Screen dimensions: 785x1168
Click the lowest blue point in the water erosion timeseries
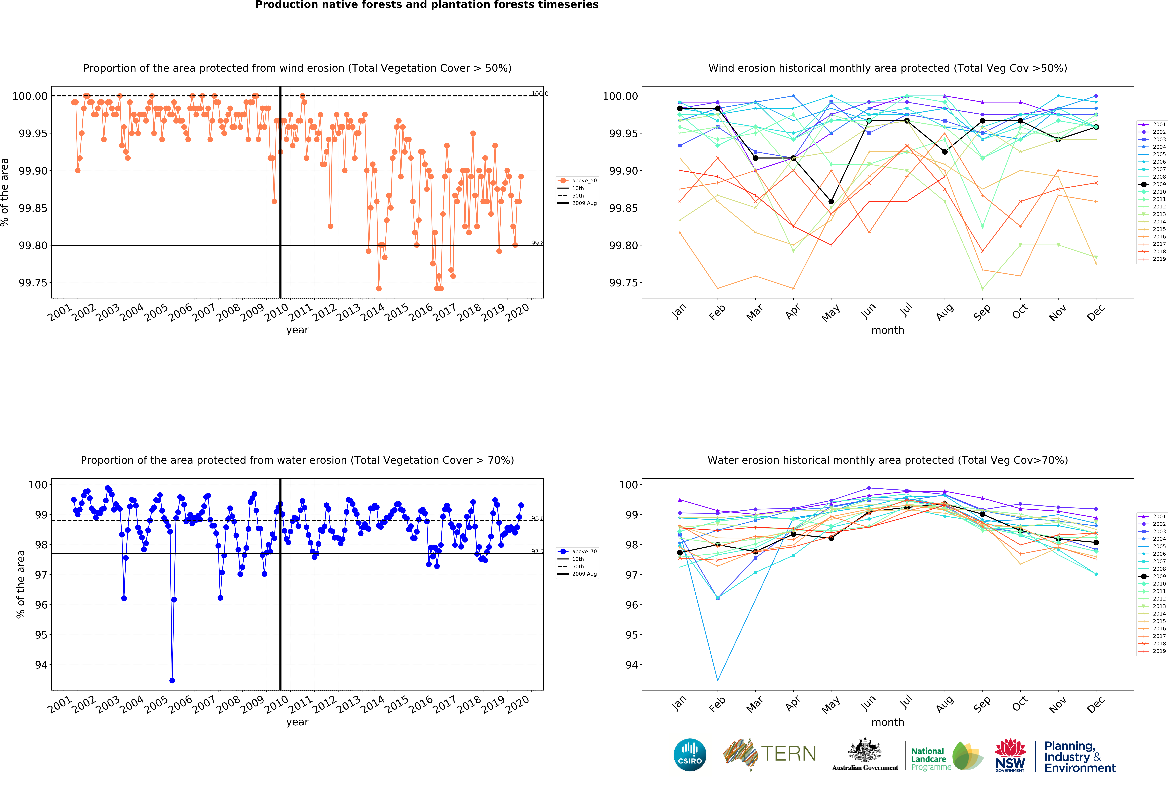coord(172,680)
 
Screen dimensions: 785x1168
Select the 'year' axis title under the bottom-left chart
coord(297,722)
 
